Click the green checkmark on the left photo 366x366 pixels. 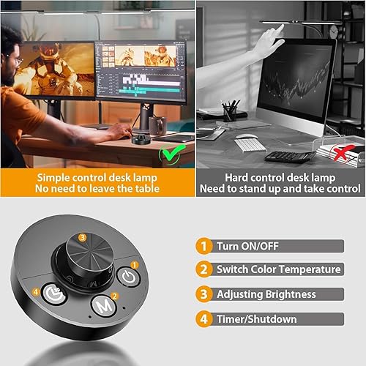tap(173, 152)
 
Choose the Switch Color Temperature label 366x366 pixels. tap(278, 269)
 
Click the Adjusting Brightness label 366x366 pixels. tap(266, 294)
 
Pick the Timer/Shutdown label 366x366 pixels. tap(256, 319)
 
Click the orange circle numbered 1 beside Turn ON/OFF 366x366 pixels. tap(203, 246)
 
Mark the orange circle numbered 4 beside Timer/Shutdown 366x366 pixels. tap(203, 319)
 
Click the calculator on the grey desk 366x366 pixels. tap(289, 156)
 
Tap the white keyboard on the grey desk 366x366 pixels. tap(250, 143)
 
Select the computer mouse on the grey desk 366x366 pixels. tap(247, 135)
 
